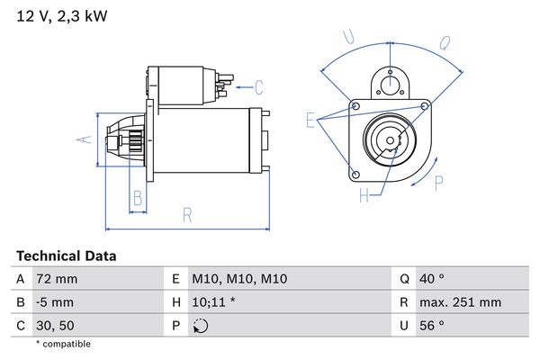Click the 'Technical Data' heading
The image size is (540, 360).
point(66,256)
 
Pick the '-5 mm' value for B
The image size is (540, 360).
point(54,302)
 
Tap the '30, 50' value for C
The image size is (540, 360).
point(56,326)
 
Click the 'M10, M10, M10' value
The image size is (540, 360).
point(239,279)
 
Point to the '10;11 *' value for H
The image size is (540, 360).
point(214,302)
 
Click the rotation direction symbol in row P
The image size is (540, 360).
point(200,326)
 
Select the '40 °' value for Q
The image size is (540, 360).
point(432,279)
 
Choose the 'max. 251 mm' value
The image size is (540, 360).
point(460,302)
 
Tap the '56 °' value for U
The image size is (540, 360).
point(432,326)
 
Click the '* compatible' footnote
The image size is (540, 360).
point(63,344)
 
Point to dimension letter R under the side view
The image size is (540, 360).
point(186,214)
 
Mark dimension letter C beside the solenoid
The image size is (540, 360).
point(258,87)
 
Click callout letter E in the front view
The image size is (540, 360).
point(310,120)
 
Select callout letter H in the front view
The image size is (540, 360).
point(364,194)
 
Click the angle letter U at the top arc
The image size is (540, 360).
point(349,38)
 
